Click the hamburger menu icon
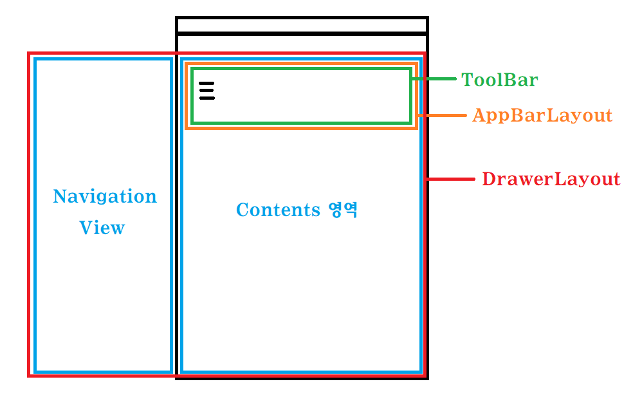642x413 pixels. coord(206,91)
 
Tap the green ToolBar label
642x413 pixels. coord(499,80)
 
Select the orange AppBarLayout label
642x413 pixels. coord(542,116)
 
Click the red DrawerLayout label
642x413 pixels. coord(551,179)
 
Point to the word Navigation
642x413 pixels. coord(104,196)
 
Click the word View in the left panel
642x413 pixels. coord(102,228)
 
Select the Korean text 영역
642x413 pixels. coord(342,210)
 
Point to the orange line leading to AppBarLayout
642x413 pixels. coord(443,116)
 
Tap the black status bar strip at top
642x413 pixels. coord(302,25)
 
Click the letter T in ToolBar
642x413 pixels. coord(467,80)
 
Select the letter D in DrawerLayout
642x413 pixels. coord(488,179)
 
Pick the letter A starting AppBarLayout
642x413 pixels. coord(479,116)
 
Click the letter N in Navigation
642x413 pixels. coord(59,196)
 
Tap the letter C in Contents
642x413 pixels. coord(242,210)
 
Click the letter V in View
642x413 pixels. coord(85,228)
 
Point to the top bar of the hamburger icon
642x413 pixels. coord(206,84)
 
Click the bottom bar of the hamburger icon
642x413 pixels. coord(206,98)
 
